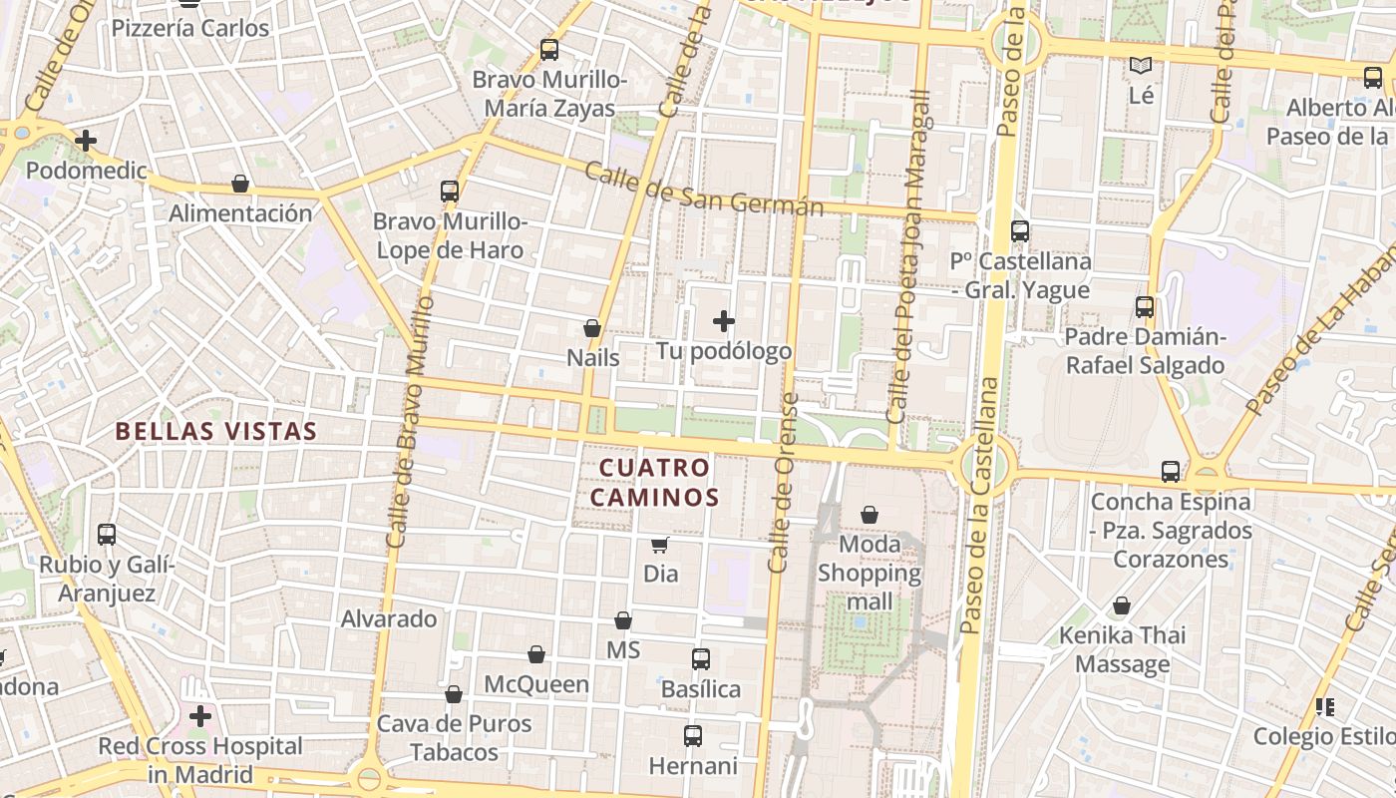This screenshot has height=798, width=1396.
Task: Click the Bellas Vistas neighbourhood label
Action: coord(215,431)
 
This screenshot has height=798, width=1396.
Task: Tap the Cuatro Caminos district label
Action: coord(658,482)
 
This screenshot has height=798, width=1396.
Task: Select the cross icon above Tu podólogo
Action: coord(724,321)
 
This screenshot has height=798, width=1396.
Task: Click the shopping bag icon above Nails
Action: coord(592,328)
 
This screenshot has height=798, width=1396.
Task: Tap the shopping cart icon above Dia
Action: coord(659,545)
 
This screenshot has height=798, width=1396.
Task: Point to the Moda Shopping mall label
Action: coord(870,573)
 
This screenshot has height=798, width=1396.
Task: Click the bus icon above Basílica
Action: coord(701,659)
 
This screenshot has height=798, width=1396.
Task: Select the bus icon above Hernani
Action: coord(693,736)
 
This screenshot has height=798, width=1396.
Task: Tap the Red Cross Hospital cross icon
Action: coord(200,716)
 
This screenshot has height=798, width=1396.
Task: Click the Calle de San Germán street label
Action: coord(703,189)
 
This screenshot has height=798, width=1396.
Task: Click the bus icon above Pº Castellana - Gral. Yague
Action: coord(1020,231)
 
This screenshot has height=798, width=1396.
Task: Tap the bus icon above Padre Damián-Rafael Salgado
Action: coord(1145,307)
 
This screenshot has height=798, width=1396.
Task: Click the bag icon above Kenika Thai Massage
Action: coord(1122,606)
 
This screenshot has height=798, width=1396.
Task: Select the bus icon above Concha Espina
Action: coord(1171,471)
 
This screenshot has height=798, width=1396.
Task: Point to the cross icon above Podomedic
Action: coord(86,141)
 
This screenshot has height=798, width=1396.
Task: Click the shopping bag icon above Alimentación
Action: coord(240,184)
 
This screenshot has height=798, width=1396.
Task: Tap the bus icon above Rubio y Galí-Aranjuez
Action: coord(107,535)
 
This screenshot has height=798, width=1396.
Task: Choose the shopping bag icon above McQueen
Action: coord(536,654)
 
